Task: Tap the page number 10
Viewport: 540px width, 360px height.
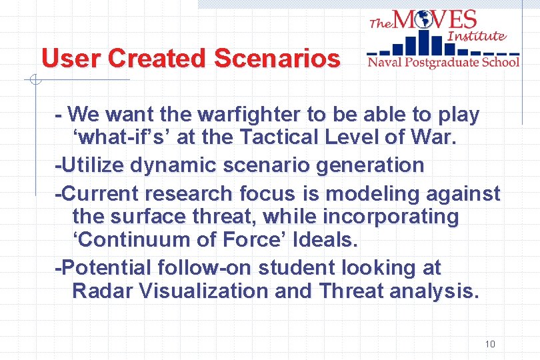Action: (490, 344)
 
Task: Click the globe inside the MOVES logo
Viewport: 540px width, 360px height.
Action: (423, 20)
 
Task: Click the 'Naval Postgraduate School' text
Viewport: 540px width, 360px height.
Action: (443, 62)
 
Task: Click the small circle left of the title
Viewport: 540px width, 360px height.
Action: (35, 81)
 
